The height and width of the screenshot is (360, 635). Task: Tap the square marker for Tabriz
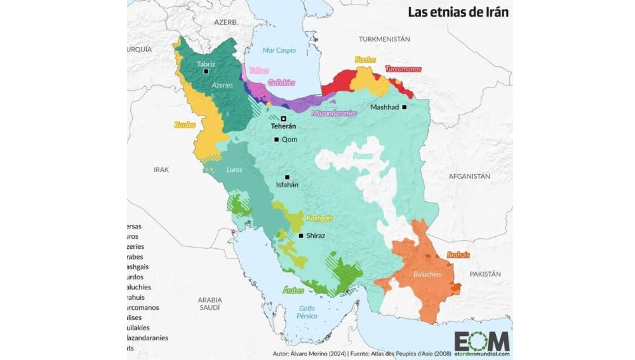[x=206, y=72]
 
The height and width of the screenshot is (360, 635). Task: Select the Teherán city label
[x=283, y=126]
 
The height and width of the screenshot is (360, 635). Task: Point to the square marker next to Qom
[x=276, y=140]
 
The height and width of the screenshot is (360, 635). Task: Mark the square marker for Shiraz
[x=300, y=236]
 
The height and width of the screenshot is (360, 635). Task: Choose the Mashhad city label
[x=384, y=107]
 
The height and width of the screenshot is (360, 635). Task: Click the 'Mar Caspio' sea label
[x=279, y=50]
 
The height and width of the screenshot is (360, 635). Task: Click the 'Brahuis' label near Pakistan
[x=458, y=255]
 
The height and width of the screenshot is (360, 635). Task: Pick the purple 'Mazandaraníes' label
[x=333, y=114]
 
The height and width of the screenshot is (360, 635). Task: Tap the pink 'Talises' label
[x=259, y=70]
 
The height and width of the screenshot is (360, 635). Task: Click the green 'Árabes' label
[x=293, y=290]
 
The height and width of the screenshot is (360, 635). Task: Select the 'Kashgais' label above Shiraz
[x=319, y=218]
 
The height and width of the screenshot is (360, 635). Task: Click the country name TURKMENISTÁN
[x=384, y=39]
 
